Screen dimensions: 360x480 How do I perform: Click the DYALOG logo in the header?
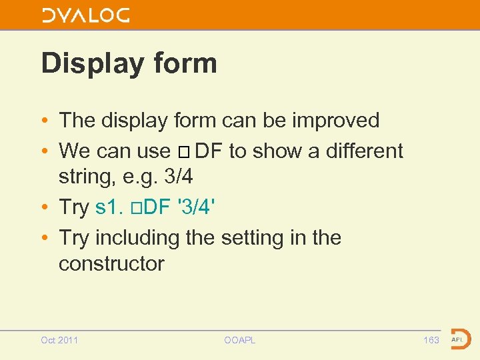click(86, 15)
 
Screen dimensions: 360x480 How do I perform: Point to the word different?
click(365, 151)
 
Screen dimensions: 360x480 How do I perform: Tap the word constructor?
click(111, 263)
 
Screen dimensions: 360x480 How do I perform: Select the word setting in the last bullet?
click(265, 237)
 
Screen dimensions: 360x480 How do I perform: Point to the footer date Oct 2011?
click(59, 340)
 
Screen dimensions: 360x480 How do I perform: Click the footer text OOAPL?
click(240, 340)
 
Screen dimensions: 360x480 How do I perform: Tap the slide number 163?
click(431, 340)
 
